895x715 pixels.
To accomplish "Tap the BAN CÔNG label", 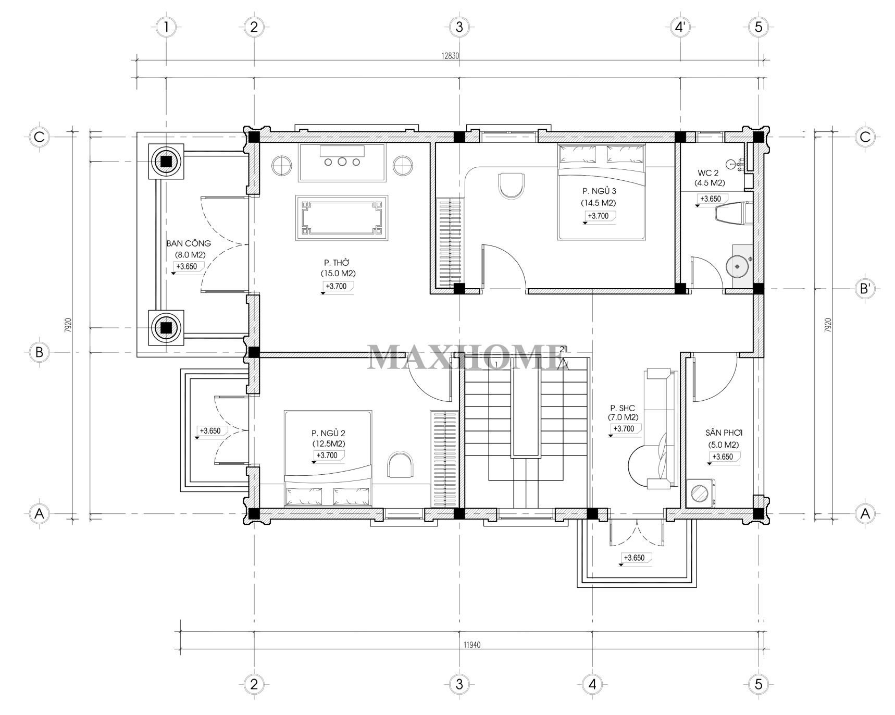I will [189, 243].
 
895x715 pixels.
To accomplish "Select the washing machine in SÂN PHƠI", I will [700, 493].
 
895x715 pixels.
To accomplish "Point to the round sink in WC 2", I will [738, 266].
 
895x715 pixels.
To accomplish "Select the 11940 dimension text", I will [472, 644].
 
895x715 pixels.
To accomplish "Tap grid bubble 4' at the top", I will [680, 27].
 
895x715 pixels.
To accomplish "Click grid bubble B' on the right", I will [865, 288].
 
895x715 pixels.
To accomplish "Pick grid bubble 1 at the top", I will [166, 27].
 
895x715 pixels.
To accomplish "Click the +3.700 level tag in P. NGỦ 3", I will [598, 216].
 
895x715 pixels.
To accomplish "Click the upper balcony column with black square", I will [166, 162].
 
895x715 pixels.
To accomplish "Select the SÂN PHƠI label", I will [724, 433].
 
